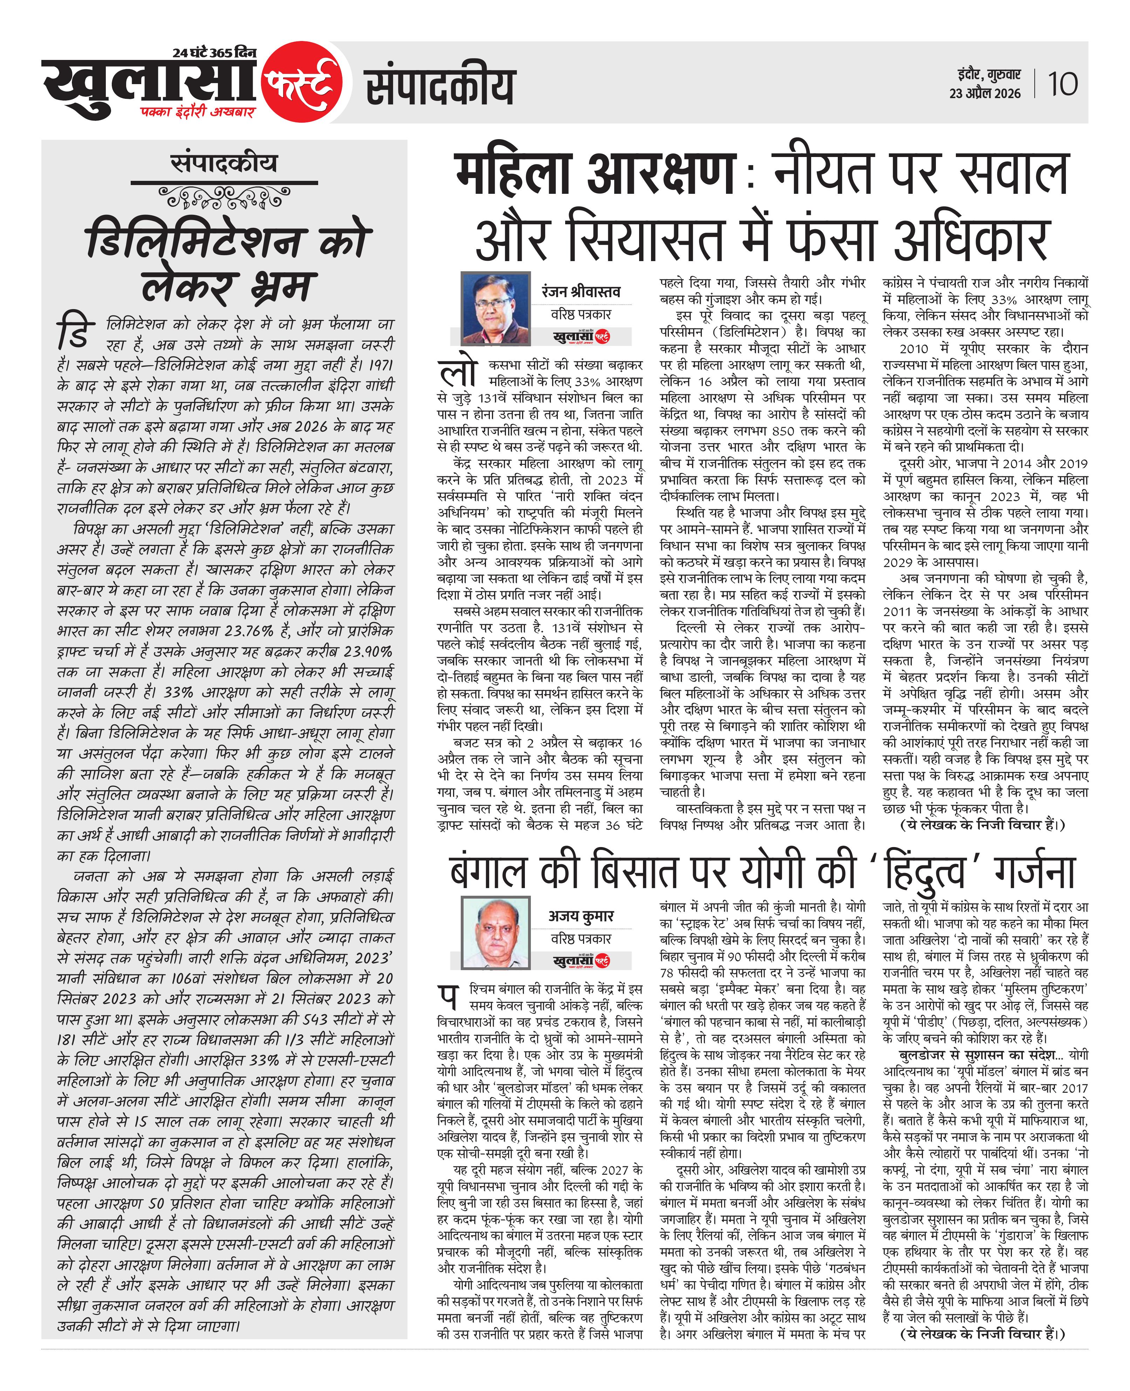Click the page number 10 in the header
coord(1062,84)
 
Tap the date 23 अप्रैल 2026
coord(984,94)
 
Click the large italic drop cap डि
coord(74,330)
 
